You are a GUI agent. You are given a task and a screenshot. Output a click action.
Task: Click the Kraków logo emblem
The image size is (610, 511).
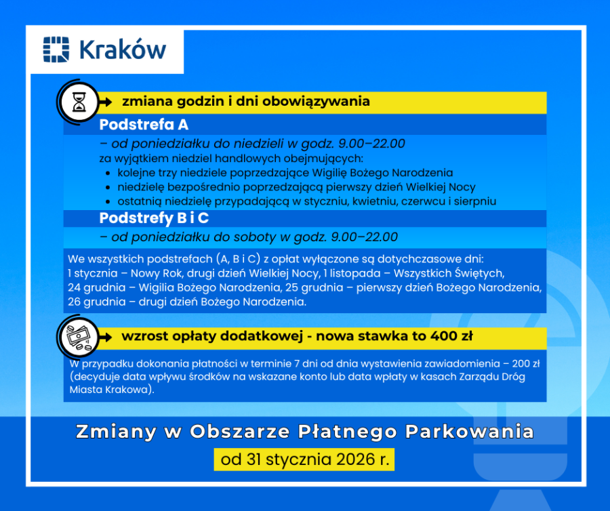(56, 50)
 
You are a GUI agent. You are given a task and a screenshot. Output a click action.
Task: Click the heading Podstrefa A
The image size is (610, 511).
(144, 125)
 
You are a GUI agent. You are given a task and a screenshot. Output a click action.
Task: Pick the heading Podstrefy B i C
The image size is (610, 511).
(154, 218)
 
